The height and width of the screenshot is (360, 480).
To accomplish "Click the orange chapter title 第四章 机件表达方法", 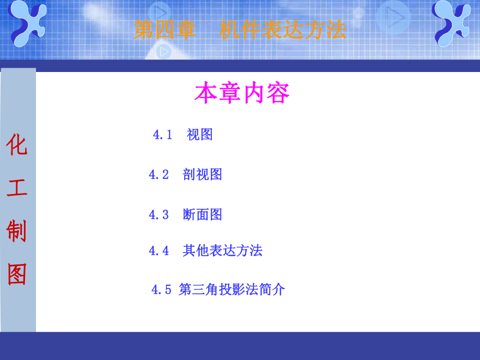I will [x=239, y=30].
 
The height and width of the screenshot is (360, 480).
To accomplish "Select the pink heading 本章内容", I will [x=242, y=93].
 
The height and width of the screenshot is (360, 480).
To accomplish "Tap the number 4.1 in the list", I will [x=162, y=135].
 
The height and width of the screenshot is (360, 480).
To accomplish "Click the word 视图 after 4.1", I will [x=200, y=135].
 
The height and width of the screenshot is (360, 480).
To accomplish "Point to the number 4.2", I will [x=159, y=174].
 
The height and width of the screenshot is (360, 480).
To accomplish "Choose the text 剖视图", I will [x=202, y=174].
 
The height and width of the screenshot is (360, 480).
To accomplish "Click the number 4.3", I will [x=159, y=214].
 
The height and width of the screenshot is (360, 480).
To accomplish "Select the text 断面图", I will [x=202, y=214].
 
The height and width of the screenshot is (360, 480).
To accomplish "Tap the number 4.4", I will [x=159, y=251].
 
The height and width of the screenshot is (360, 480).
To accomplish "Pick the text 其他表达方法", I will [x=222, y=251].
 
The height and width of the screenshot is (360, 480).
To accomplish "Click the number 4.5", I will [x=161, y=290].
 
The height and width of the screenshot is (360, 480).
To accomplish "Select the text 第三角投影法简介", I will [x=232, y=290].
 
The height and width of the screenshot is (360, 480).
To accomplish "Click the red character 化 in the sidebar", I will [x=17, y=146].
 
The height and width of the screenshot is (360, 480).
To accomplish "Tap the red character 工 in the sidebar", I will [x=17, y=188].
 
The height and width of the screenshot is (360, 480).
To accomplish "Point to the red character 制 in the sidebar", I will [x=17, y=231].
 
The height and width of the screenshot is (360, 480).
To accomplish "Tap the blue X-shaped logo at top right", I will [x=452, y=23].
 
